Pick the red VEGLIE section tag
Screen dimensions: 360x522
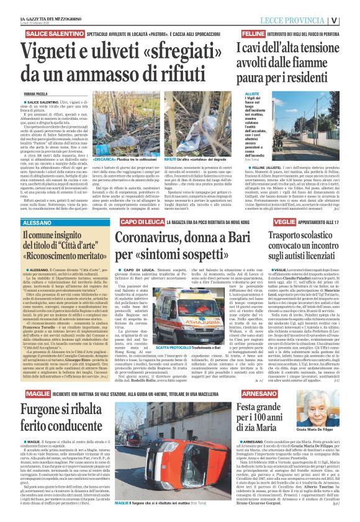tap(284, 222)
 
